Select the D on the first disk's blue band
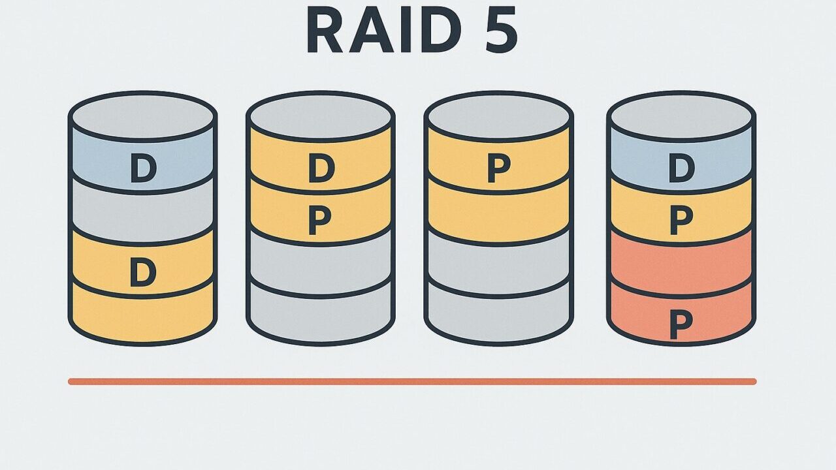(x=143, y=168)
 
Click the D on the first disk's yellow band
(x=143, y=272)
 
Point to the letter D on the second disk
(x=321, y=168)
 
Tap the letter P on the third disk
(x=498, y=169)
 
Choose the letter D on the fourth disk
(x=681, y=168)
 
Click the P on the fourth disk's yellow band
(x=681, y=221)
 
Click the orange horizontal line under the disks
(x=411, y=381)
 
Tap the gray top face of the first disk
(x=142, y=116)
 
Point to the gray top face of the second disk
(x=320, y=116)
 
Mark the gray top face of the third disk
(x=498, y=116)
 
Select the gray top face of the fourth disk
(x=681, y=116)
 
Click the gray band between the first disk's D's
(x=142, y=215)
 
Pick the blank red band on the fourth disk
(x=681, y=264)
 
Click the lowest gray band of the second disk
(x=320, y=317)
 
